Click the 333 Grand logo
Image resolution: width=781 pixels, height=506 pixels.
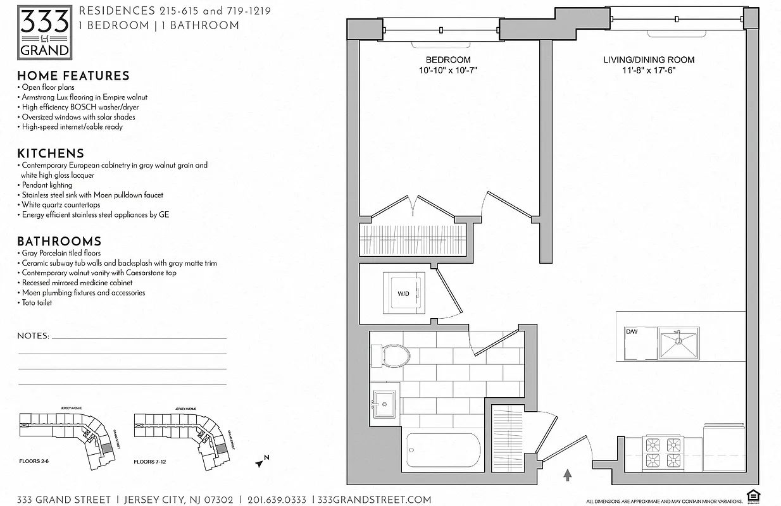pyautogui.click(x=44, y=32)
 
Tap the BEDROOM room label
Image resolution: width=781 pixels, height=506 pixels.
pyautogui.click(x=447, y=60)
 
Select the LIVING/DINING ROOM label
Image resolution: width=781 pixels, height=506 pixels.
pyautogui.click(x=649, y=60)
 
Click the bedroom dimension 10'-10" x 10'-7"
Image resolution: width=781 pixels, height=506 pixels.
pyautogui.click(x=447, y=71)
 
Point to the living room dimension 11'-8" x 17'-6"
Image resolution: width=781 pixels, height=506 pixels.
pyautogui.click(x=649, y=71)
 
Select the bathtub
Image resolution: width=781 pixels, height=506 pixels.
pyautogui.click(x=443, y=450)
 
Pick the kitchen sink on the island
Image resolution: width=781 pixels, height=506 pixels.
pyautogui.click(x=678, y=343)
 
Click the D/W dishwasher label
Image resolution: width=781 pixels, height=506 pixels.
pyautogui.click(x=631, y=331)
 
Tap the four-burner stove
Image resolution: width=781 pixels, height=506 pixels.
pyautogui.click(x=663, y=452)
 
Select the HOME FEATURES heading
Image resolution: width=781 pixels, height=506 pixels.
pyautogui.click(x=73, y=76)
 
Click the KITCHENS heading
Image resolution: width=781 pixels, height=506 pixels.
pyautogui.click(x=51, y=154)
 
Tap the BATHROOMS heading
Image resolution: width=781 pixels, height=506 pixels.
pyautogui.click(x=59, y=242)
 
